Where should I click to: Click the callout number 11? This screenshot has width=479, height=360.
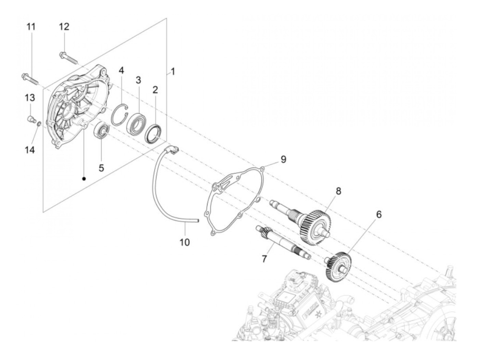(x=31, y=26)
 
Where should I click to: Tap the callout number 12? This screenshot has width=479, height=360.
(x=64, y=26)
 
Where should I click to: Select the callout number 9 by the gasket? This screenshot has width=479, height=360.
(x=283, y=159)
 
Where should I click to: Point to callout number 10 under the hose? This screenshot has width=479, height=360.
(x=184, y=242)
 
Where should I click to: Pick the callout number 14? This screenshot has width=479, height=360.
(x=30, y=150)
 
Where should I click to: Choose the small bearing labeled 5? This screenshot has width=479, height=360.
(x=102, y=130)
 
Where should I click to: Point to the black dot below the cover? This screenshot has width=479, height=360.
(x=84, y=178)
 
